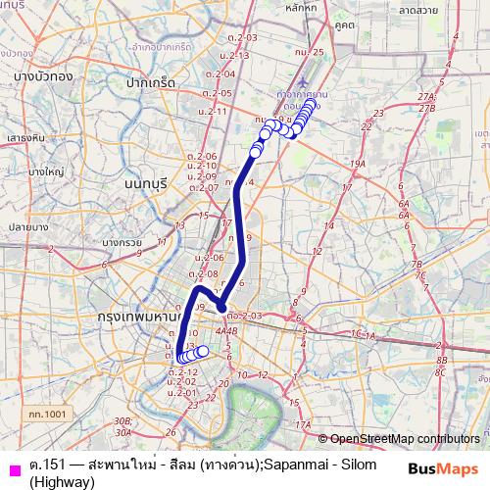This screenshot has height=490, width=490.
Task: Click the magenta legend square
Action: point(12,466)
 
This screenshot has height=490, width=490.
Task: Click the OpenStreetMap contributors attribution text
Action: point(405,439)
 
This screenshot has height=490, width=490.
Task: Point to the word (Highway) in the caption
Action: point(62,482)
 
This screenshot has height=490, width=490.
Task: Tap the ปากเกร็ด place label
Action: point(149,83)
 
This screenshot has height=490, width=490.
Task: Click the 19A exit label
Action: point(358,165)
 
